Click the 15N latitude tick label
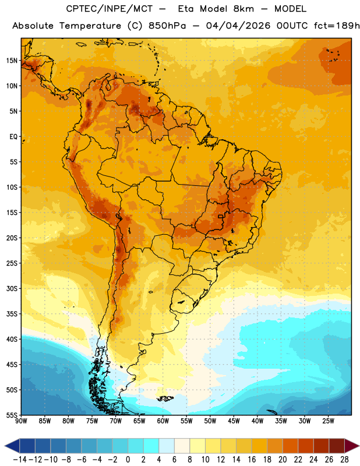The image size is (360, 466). pyautogui.click(x=12, y=61)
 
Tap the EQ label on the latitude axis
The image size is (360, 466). pyautogui.click(x=13, y=137)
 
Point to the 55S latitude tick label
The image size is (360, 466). pyautogui.click(x=12, y=415)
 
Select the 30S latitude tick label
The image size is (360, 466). pyautogui.click(x=12, y=288)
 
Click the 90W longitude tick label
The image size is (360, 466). pyautogui.click(x=21, y=421)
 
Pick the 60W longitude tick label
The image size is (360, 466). pyautogui.click(x=163, y=421)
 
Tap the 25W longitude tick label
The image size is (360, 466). pyautogui.click(x=328, y=421)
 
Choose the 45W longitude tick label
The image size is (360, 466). pyautogui.click(x=234, y=421)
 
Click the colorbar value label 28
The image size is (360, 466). pyautogui.click(x=344, y=460)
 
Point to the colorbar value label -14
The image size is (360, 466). pyautogui.click(x=20, y=460)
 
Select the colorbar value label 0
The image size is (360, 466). pyautogui.click(x=128, y=460)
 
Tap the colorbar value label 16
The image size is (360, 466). pyautogui.click(x=252, y=460)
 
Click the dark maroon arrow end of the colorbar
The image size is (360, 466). pyautogui.click(x=351, y=446)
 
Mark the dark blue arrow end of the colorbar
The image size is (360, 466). pyautogui.click(x=12, y=446)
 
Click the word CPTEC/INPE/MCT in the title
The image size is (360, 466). pyautogui.click(x=110, y=9)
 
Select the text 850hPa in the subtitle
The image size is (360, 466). pyautogui.click(x=167, y=26)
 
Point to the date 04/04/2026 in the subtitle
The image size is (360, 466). pyautogui.click(x=238, y=26)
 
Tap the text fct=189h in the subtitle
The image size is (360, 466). pyautogui.click(x=337, y=26)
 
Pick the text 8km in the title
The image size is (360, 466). pyautogui.click(x=243, y=9)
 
